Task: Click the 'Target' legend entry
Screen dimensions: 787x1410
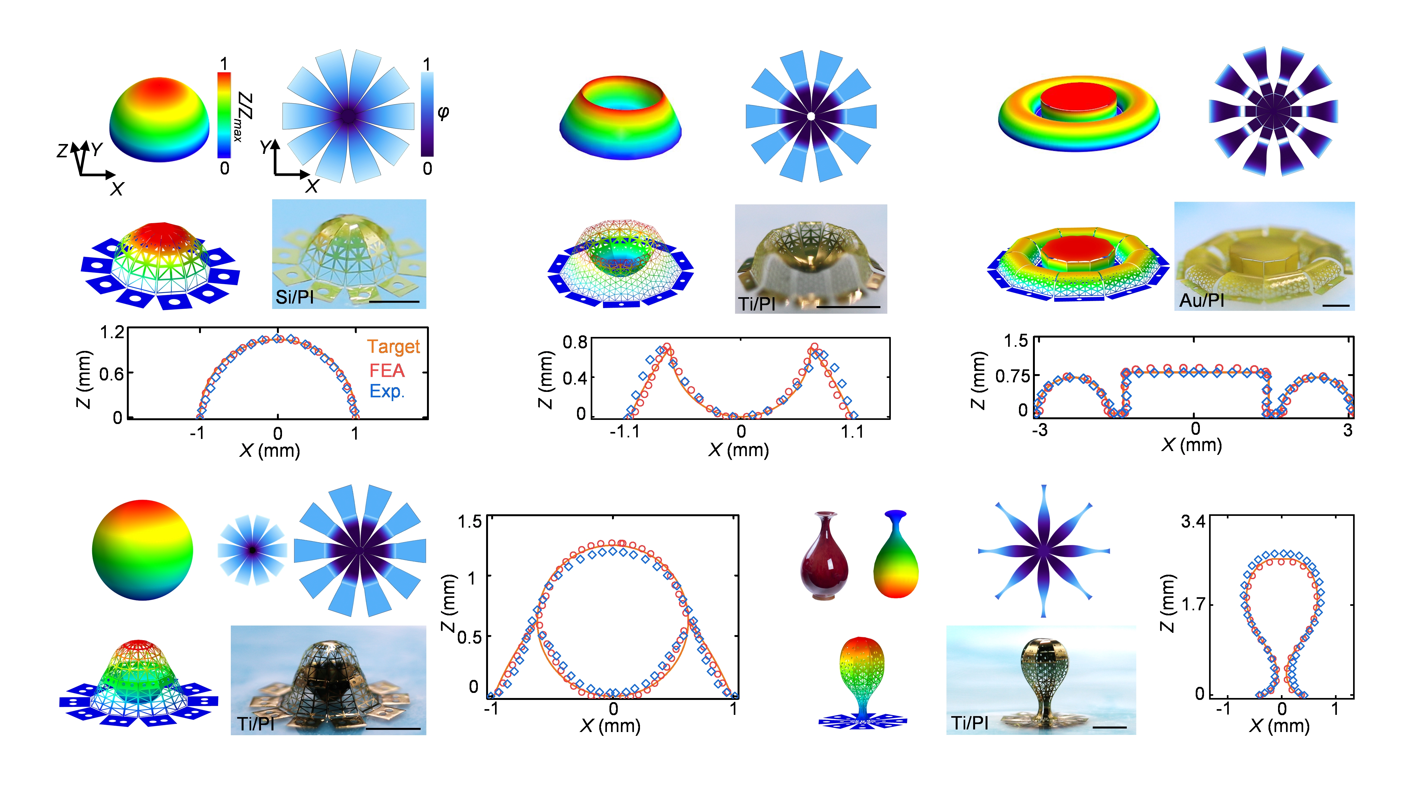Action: click(393, 347)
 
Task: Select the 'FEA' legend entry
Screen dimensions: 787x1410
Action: click(386, 371)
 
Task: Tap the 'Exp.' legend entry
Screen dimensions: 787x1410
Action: click(386, 391)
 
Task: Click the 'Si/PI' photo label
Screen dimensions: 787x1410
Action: click(294, 297)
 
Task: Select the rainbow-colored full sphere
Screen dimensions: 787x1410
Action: click(142, 550)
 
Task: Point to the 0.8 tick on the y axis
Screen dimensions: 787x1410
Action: click(575, 343)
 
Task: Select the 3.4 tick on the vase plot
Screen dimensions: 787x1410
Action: click(1193, 522)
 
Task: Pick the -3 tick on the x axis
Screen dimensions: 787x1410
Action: click(1039, 430)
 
